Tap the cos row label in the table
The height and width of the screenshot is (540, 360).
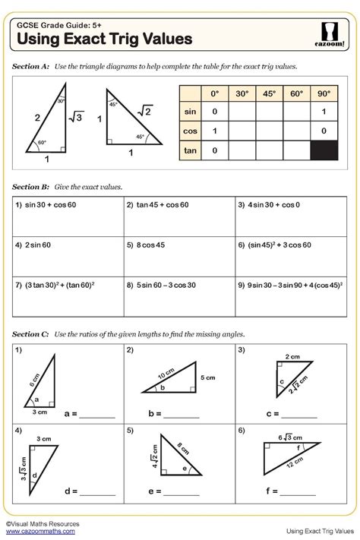[190, 131]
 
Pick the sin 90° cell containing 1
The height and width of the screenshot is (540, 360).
[325, 112]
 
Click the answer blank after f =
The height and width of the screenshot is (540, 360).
[299, 492]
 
